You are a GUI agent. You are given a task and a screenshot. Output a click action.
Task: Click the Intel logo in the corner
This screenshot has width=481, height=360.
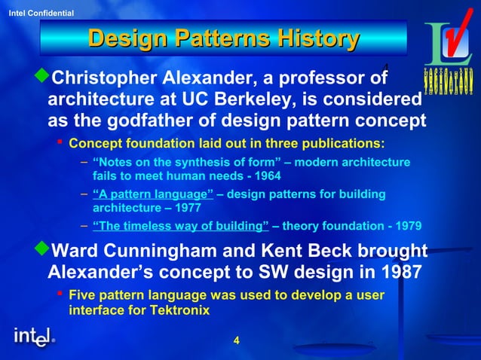click(x=34, y=337)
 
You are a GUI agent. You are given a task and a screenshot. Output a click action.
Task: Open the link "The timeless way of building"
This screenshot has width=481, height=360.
click(x=180, y=226)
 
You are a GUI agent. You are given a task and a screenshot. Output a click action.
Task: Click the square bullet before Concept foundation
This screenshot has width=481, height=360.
click(x=59, y=142)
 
